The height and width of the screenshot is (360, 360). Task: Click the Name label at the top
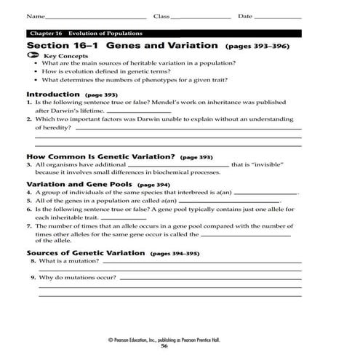coord(33,16)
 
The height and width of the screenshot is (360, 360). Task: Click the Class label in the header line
coord(161,16)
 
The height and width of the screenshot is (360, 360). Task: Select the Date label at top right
coord(245,16)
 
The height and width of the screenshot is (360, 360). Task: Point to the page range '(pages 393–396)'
coord(257,45)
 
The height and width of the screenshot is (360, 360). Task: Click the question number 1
coord(28,103)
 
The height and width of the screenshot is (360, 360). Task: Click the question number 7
coord(28,226)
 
